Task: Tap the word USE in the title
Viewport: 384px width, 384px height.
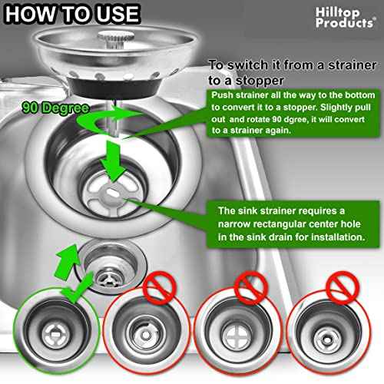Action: coord(114,14)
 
